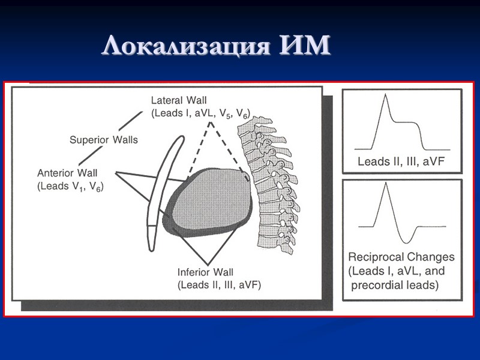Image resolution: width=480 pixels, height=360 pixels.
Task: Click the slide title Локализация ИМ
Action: click(x=216, y=46)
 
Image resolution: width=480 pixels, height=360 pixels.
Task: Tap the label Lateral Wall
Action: click(x=179, y=100)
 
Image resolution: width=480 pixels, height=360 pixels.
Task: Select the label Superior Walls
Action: click(x=103, y=140)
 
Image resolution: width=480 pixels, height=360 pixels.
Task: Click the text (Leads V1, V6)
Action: click(x=70, y=187)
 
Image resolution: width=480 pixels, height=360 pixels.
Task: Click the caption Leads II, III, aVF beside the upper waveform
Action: click(x=400, y=161)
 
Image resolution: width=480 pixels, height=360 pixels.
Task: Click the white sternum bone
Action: click(x=161, y=186)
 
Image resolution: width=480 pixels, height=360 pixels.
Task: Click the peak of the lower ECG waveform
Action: click(x=386, y=184)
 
